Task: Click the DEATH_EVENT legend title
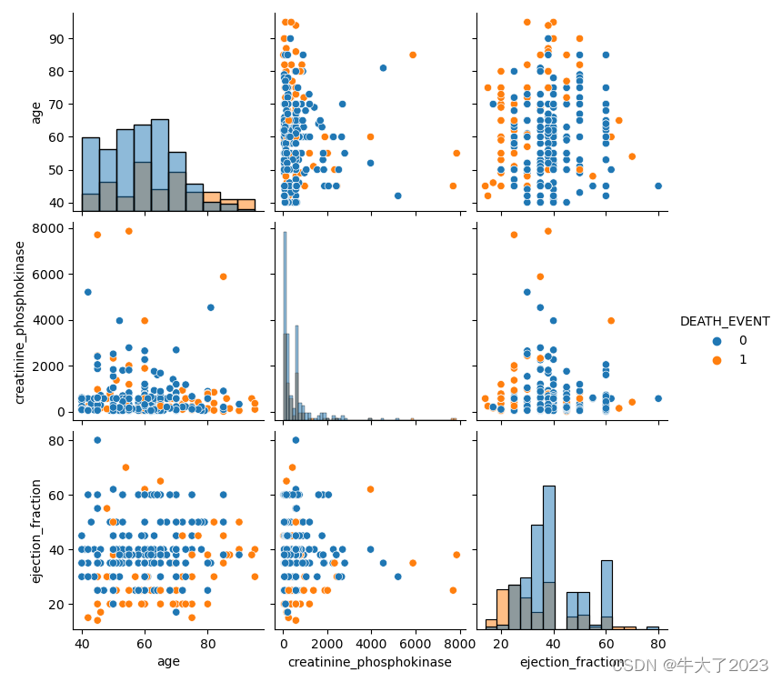[x=725, y=321]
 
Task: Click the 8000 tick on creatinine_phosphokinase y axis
[x=51, y=228]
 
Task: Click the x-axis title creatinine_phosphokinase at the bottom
[x=369, y=662]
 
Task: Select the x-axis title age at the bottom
[x=168, y=662]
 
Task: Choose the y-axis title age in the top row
[x=37, y=112]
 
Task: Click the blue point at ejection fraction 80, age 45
[x=658, y=186]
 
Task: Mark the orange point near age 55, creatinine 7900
[x=128, y=231]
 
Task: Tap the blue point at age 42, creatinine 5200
[x=88, y=292]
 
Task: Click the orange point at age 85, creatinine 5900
[x=223, y=276]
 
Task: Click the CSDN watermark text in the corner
[x=690, y=666]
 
